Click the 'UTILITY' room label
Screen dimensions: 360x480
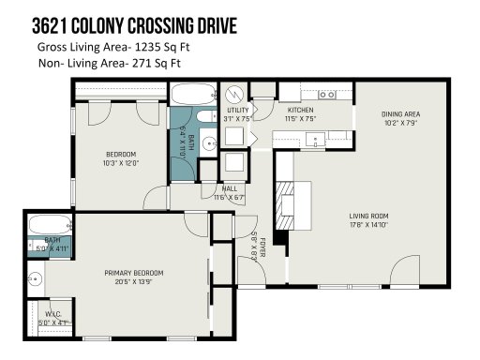(236, 111)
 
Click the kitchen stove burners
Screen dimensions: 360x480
(327, 94)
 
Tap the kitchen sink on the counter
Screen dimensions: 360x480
(313, 139)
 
